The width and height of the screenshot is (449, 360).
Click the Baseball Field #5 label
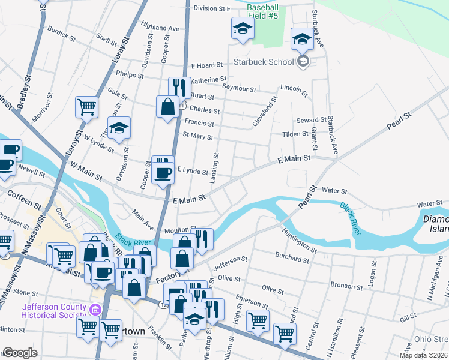click(262, 11)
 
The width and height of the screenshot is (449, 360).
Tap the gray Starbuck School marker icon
click(303, 61)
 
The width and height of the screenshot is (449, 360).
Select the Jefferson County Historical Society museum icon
click(94, 310)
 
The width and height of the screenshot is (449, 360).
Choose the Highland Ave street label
click(160, 28)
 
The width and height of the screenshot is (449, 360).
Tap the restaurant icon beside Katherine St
click(179, 87)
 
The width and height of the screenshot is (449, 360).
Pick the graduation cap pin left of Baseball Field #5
click(243, 28)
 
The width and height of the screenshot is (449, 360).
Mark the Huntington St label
click(298, 240)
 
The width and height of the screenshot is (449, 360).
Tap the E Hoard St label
click(207, 65)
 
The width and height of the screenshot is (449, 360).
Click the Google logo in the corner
click(20, 353)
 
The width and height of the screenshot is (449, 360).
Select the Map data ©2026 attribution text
click(423, 355)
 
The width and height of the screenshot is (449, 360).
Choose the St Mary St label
click(198, 136)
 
